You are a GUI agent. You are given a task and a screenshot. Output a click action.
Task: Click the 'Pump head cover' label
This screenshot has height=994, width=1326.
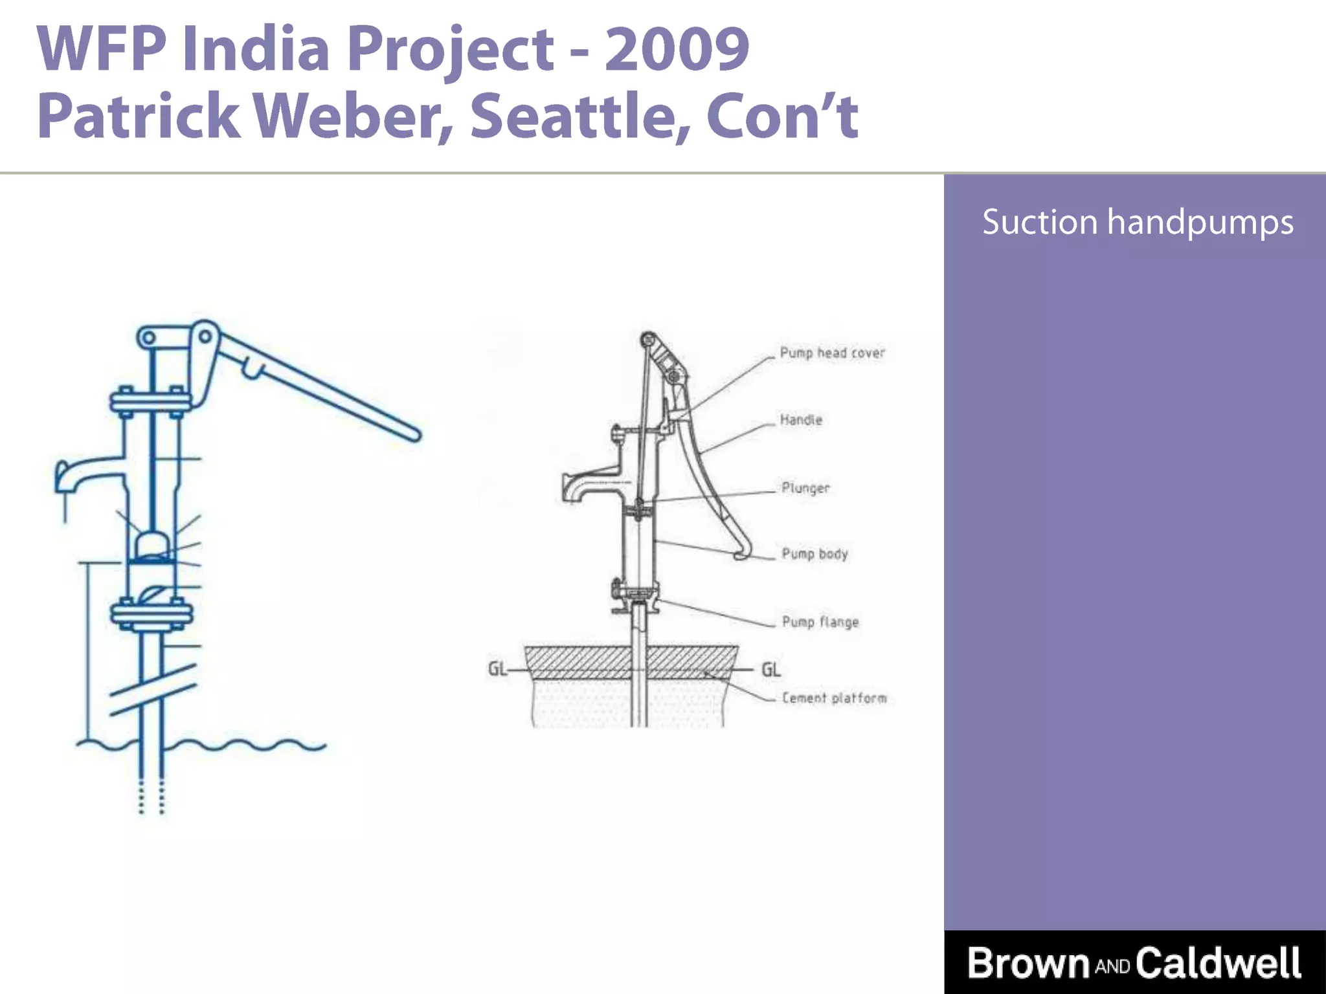point(832,353)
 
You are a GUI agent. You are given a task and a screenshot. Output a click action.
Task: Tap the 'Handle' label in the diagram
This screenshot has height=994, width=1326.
point(801,420)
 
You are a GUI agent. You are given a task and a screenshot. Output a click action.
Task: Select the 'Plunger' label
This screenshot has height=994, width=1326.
point(805,488)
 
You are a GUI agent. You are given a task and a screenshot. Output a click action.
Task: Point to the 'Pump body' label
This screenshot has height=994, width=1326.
point(815,554)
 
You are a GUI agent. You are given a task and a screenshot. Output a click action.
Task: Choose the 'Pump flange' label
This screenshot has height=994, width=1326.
point(820,622)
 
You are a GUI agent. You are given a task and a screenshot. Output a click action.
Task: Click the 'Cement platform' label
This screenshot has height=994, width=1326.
point(834,698)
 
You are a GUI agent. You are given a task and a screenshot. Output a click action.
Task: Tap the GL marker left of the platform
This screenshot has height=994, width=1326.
point(497,668)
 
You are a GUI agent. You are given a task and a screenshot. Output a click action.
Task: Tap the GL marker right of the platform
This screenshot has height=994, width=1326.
point(770,669)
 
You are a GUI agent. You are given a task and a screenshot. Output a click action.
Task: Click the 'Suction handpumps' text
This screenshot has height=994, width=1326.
point(1138,222)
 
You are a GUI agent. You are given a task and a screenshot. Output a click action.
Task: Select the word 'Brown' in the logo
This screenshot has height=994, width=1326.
point(1029,963)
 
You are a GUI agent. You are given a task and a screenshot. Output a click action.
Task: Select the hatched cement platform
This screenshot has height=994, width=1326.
point(631,661)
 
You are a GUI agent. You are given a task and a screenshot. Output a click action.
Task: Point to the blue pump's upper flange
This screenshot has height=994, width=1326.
point(150,403)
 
